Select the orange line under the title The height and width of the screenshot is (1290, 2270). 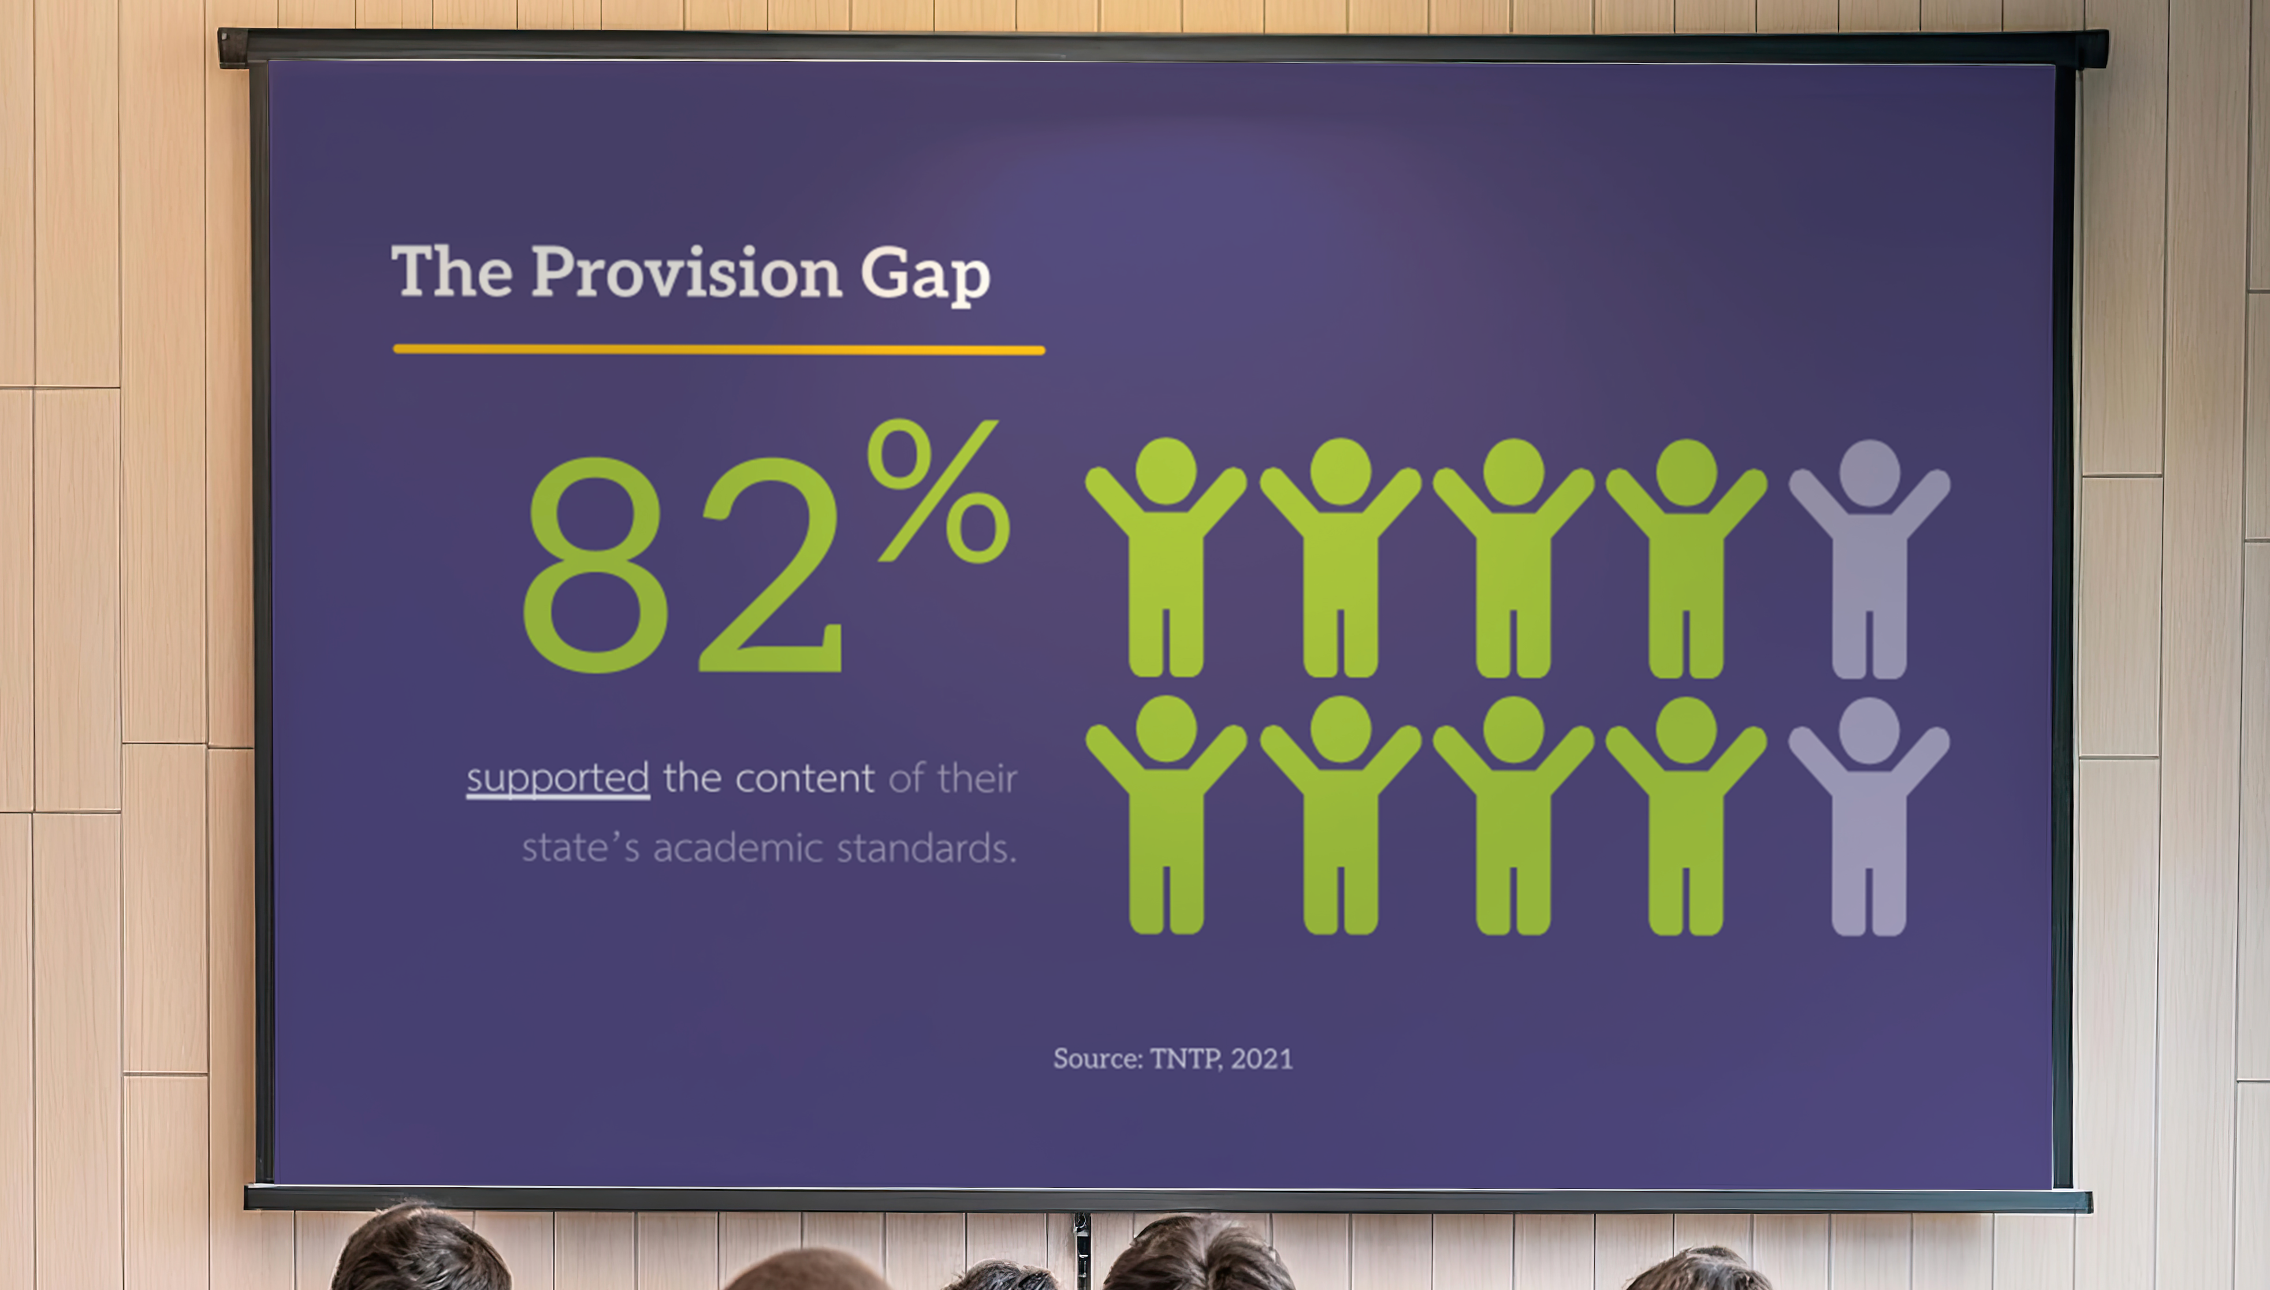(x=719, y=350)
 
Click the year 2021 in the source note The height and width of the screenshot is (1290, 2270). (x=1261, y=1059)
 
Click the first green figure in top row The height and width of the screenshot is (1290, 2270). (x=1166, y=558)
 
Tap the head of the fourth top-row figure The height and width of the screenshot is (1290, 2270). (x=1686, y=471)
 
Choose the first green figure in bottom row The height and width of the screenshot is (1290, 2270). (x=1166, y=815)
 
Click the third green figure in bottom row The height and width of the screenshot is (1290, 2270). (x=1513, y=815)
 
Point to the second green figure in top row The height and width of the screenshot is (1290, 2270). (x=1341, y=558)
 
